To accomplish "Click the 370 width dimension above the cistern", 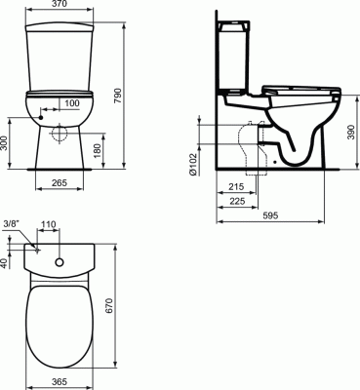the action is [x=60, y=4].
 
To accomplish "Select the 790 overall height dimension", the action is [x=118, y=96].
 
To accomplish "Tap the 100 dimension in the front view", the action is [x=72, y=103].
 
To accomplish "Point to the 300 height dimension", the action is [x=4, y=143].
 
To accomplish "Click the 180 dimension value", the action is [x=97, y=150].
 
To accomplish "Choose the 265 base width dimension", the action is [x=60, y=182].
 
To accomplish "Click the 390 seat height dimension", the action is [x=350, y=132].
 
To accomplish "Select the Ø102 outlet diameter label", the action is [x=193, y=164].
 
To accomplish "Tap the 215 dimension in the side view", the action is [x=236, y=186].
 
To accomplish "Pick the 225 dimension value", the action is [x=237, y=201].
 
